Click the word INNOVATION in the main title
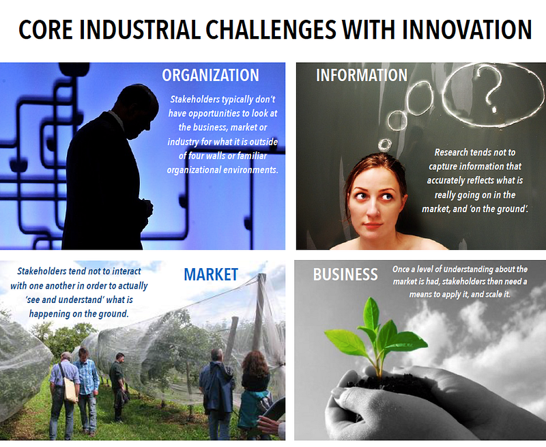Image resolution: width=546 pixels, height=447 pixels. pos(467,29)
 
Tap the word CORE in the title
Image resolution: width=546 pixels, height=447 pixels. pos(45,29)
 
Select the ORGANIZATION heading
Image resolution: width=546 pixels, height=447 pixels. pos(210,75)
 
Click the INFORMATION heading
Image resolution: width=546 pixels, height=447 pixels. pos(362,75)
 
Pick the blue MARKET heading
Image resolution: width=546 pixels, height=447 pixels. pos(211,274)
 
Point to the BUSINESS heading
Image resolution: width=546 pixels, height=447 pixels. pos(345,274)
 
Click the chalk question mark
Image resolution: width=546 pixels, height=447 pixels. pos(490,89)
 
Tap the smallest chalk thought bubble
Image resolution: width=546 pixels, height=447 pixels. pos(385,145)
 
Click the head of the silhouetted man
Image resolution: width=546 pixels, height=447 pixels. pos(137,110)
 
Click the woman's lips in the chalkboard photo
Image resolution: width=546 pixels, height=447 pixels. pos(373,226)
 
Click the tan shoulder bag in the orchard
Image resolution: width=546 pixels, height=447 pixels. pos(70,390)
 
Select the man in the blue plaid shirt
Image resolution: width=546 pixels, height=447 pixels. pos(87,390)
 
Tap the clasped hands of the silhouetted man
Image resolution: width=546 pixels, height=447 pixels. pos(147,208)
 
